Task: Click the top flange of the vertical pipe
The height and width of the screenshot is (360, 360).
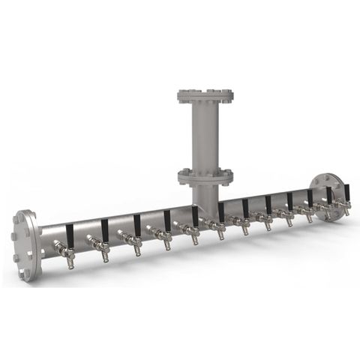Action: [x=205, y=96]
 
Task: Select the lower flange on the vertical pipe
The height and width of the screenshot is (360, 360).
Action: [x=205, y=177]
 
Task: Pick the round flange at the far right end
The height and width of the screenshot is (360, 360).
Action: [x=328, y=196]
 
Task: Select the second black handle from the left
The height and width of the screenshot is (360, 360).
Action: [x=104, y=229]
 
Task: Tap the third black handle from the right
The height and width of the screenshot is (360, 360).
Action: [x=310, y=199]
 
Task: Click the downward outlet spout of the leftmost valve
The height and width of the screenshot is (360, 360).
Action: [x=70, y=262]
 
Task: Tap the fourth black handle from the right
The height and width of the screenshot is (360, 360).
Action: [x=289, y=202]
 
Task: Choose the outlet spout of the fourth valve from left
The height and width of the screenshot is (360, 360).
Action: [x=168, y=245]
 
